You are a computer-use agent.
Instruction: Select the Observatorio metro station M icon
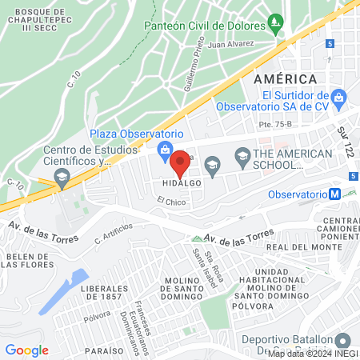coord(341,194)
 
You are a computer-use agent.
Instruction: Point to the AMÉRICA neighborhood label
coord(286,78)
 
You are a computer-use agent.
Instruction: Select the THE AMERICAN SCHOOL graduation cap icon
coord(212,165)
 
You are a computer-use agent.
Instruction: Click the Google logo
coord(26,350)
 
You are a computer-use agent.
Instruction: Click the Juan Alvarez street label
coord(231,46)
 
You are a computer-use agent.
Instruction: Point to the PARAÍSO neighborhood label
coord(106,350)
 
